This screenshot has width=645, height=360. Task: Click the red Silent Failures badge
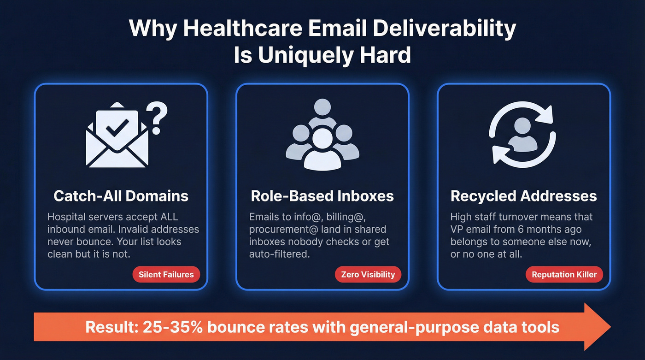(166, 275)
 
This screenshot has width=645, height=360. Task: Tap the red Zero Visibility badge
(368, 275)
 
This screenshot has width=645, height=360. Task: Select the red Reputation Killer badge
(564, 275)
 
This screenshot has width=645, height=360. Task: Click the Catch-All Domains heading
(121, 196)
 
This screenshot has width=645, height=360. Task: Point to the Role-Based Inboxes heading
(322, 196)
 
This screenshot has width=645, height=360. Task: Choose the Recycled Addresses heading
(523, 196)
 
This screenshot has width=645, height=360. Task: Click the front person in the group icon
(322, 148)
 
